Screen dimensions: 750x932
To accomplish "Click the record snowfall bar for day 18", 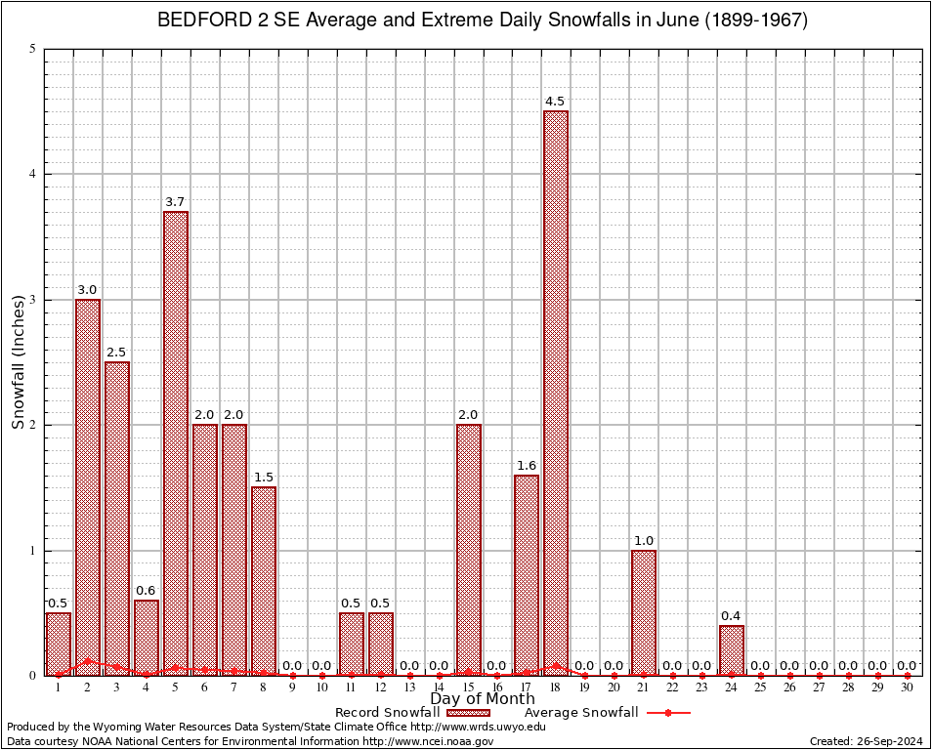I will [556, 391].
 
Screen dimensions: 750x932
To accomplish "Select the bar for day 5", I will [176, 439].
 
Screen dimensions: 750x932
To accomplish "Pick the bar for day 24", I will [732, 649].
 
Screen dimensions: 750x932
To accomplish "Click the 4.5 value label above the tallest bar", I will [555, 102].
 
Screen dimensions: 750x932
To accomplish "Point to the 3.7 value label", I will [175, 202].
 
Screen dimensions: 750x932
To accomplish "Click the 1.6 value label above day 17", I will [527, 466].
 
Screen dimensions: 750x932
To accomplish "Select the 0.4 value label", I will [731, 615].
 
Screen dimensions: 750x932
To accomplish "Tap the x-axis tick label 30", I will [907, 688].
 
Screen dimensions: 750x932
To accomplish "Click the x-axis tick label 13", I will [409, 688].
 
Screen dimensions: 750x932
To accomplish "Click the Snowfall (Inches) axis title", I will [18, 362].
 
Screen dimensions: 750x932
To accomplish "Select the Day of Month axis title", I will [483, 699].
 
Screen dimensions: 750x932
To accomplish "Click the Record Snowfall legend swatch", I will [468, 713].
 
